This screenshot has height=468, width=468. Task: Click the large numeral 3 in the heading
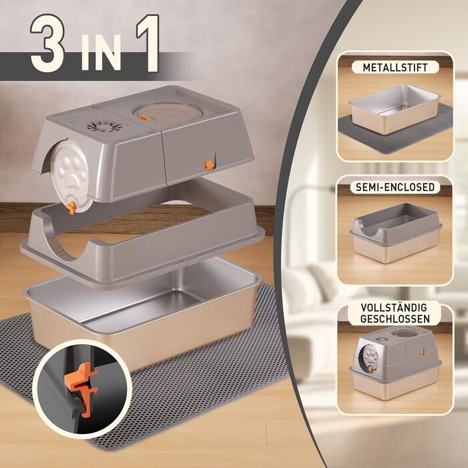[x=47, y=43]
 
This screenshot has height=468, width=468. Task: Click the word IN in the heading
[x=101, y=52]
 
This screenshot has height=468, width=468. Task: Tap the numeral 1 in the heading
[x=148, y=43]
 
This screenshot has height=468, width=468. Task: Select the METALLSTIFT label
[x=395, y=68]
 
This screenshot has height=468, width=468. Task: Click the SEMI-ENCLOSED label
[x=395, y=187]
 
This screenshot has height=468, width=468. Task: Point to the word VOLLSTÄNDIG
[x=394, y=308]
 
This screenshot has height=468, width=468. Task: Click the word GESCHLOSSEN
[x=395, y=319]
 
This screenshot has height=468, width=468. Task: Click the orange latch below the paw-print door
[x=71, y=207]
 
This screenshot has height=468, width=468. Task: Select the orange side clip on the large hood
[x=209, y=165]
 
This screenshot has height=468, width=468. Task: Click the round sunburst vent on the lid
[x=104, y=126]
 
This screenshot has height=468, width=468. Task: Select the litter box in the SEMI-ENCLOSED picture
[x=395, y=233]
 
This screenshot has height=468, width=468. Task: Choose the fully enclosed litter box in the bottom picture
[x=395, y=362]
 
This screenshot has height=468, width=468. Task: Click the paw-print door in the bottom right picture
[x=370, y=357]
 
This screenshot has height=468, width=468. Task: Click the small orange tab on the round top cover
[x=144, y=118]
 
